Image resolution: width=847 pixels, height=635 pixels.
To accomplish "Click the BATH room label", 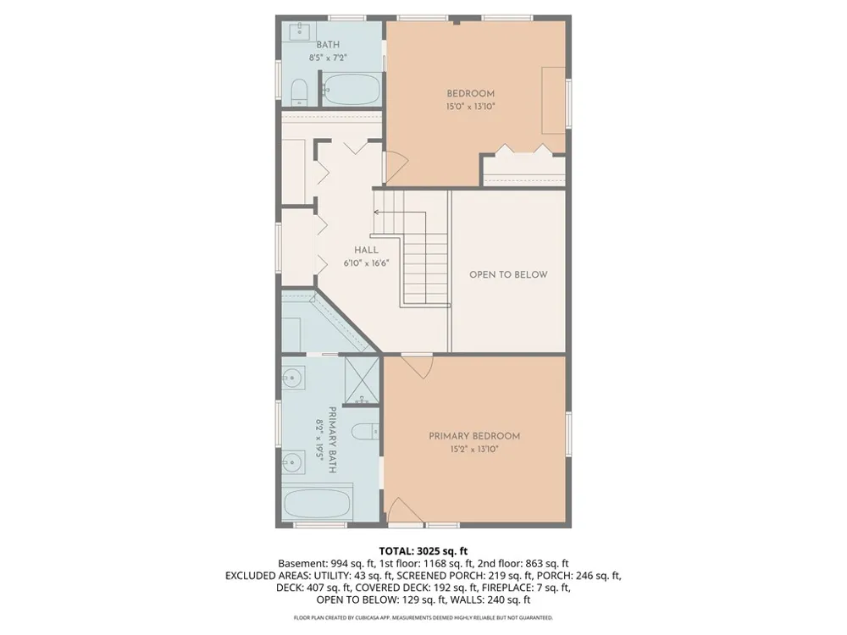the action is tap(328, 45).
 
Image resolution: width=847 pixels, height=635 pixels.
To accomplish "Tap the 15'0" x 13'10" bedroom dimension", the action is tap(470, 107).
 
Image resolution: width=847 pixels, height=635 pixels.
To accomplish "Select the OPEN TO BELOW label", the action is tap(508, 274).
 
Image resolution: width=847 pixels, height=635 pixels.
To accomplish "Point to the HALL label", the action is tap(366, 250).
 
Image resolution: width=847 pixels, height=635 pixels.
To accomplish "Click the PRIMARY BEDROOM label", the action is tap(474, 436).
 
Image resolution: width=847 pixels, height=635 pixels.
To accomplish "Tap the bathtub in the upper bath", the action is tap(352, 90).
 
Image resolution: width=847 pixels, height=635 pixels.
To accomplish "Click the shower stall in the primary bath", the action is tap(362, 379).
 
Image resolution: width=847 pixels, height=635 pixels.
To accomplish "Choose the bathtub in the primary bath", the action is tap(317, 503).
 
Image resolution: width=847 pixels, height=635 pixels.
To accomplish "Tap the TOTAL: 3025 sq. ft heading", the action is tap(423, 551).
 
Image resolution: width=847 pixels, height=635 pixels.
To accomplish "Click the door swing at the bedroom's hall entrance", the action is tap(396, 168).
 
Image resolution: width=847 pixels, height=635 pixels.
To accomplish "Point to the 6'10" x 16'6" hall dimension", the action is tap(366, 263).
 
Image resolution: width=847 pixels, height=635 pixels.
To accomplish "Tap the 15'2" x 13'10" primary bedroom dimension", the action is tap(474, 450).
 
